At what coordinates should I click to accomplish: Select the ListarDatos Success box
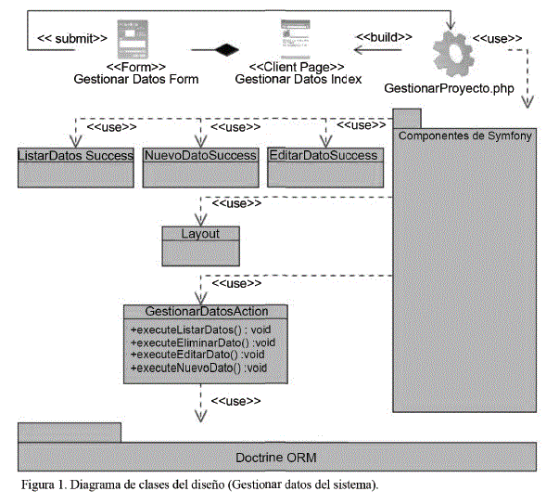(76, 155)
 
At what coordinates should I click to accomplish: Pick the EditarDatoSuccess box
(323, 155)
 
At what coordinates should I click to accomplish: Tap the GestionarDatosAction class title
(206, 311)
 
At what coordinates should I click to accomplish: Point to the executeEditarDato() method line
(198, 355)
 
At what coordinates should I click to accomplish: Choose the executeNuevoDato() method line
(198, 368)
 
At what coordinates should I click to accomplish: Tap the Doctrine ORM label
(278, 458)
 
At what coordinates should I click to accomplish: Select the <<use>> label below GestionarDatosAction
(236, 401)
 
